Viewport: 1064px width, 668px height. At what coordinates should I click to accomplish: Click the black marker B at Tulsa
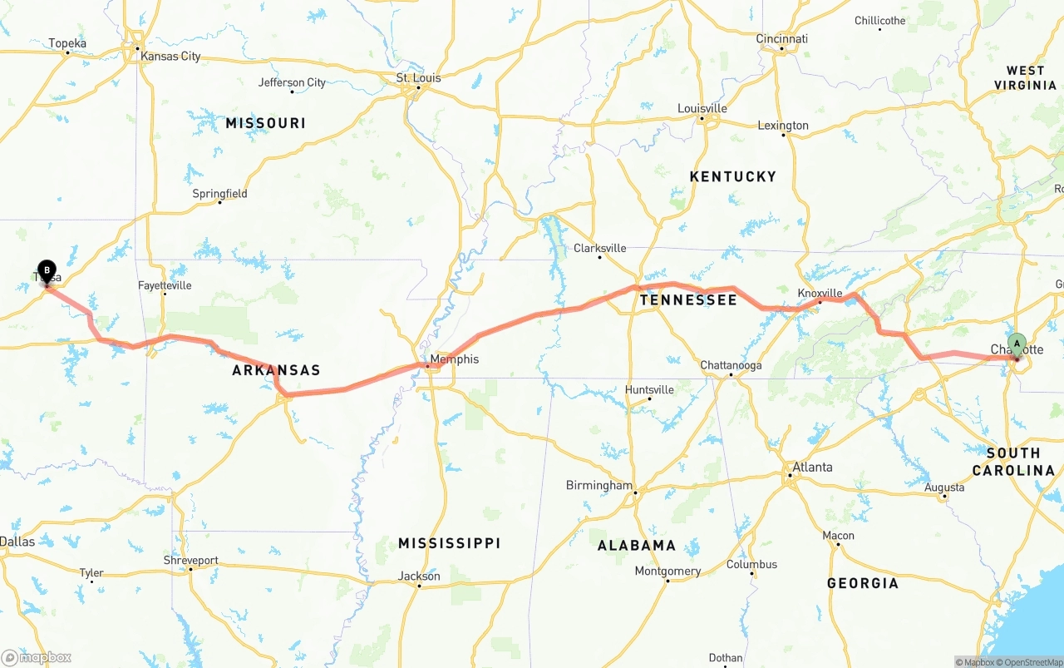[47, 270]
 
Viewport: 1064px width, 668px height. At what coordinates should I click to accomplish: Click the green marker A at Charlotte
[1017, 344]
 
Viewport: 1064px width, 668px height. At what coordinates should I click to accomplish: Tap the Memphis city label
[454, 359]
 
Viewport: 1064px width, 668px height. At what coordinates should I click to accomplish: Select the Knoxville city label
[820, 294]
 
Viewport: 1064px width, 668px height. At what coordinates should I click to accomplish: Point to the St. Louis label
[418, 78]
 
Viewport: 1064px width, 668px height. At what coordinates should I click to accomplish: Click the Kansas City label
[170, 57]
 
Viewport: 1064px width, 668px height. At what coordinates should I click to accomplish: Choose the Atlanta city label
[812, 468]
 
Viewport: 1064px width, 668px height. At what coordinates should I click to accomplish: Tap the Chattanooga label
[731, 365]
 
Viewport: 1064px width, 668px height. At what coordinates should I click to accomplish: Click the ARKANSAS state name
[276, 370]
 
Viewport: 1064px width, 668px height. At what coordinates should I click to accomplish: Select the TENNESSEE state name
[688, 300]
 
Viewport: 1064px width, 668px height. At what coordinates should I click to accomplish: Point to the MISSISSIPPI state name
[449, 543]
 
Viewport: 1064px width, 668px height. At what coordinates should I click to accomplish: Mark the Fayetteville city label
[165, 285]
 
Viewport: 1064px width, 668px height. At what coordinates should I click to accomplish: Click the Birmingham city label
[598, 486]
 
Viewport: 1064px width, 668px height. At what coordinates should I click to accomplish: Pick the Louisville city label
[702, 108]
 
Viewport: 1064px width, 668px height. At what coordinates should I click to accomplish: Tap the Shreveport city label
[190, 561]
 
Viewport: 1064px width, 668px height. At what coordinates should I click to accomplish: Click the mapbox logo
[37, 657]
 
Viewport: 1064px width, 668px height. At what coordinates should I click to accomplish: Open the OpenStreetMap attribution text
[1030, 662]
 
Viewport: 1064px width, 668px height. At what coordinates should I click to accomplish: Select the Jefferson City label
[292, 82]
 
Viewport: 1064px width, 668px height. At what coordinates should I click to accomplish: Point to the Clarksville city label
[599, 248]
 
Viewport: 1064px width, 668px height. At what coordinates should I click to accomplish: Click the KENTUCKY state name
[732, 176]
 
